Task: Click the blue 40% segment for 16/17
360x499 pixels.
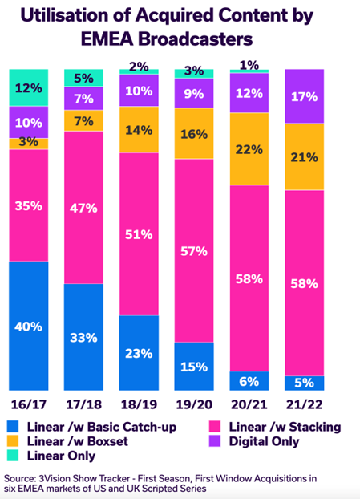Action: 29,326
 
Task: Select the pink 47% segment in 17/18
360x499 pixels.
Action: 83,207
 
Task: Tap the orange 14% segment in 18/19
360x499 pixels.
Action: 139,129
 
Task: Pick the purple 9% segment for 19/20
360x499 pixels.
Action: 193,93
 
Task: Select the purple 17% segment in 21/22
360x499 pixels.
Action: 303,96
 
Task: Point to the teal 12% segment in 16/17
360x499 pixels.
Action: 29,87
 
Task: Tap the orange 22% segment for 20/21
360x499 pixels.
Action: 249,150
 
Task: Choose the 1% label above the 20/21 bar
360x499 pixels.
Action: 249,64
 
